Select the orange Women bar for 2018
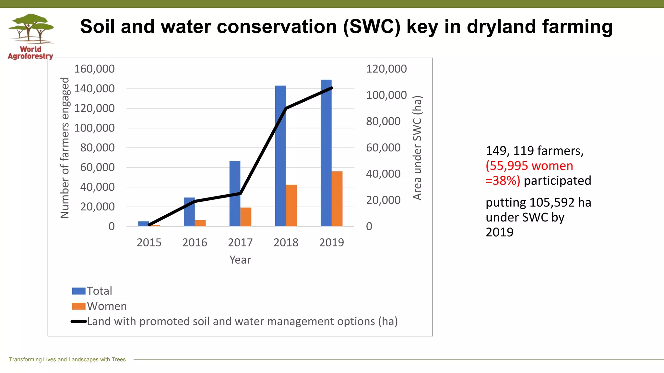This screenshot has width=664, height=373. pos(291,205)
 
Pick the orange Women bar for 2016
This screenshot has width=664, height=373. pos(200,223)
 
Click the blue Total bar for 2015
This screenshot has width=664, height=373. pos(143,224)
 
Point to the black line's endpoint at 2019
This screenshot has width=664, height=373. pos(331,88)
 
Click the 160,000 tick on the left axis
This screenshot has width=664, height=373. pos(94,69)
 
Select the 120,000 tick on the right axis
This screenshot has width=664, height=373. pos(386,69)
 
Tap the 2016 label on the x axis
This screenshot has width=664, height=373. pos(195,243)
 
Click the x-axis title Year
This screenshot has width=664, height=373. pos(240,260)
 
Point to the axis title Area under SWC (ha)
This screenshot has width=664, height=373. pos(417,148)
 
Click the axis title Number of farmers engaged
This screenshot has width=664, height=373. pos(65,148)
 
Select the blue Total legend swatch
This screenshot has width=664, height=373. pos(78,291)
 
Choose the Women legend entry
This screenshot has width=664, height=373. pos(107,306)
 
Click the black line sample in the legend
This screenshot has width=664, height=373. pos(78,322)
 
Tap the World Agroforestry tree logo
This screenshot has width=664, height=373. pos(31,29)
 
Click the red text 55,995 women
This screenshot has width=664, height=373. pos(529,166)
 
